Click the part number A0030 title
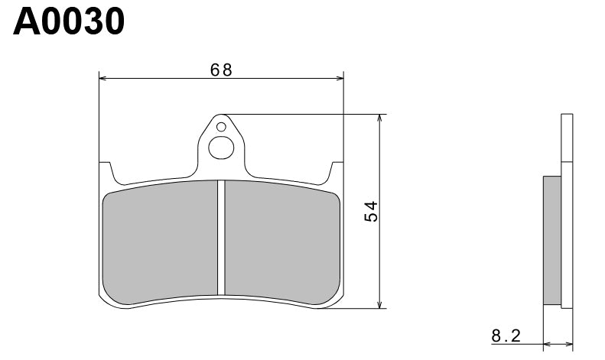[68, 22]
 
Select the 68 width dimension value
[222, 70]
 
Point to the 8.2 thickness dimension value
[506, 335]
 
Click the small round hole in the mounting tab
[221, 126]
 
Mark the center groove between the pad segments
[221, 237]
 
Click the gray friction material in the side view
[551, 242]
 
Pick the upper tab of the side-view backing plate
[566, 138]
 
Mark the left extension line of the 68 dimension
[99, 115]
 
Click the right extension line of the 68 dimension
[344, 115]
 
